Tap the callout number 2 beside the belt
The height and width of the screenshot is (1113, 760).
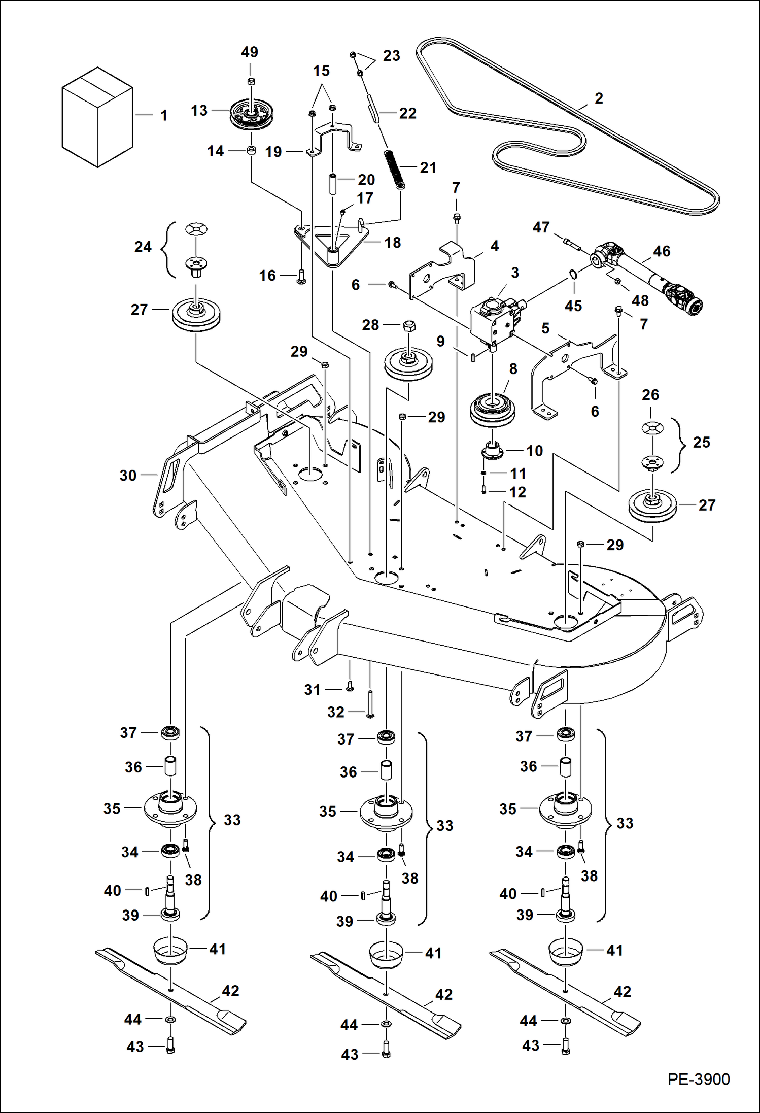tap(599, 98)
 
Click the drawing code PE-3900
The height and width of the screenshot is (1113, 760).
tap(698, 1079)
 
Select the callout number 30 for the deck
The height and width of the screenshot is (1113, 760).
tap(128, 476)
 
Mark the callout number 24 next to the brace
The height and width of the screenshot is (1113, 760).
tap(143, 247)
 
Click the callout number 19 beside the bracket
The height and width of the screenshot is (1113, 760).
tap(273, 152)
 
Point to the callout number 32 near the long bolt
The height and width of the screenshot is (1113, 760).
tap(335, 712)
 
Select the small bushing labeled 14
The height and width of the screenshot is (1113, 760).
tap(250, 151)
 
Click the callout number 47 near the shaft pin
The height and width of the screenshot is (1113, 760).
tap(541, 227)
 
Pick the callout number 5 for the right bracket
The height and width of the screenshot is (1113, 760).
tap(545, 328)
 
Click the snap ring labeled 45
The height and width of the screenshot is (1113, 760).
tap(573, 275)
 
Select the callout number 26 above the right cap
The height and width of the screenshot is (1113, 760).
tap(650, 395)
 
